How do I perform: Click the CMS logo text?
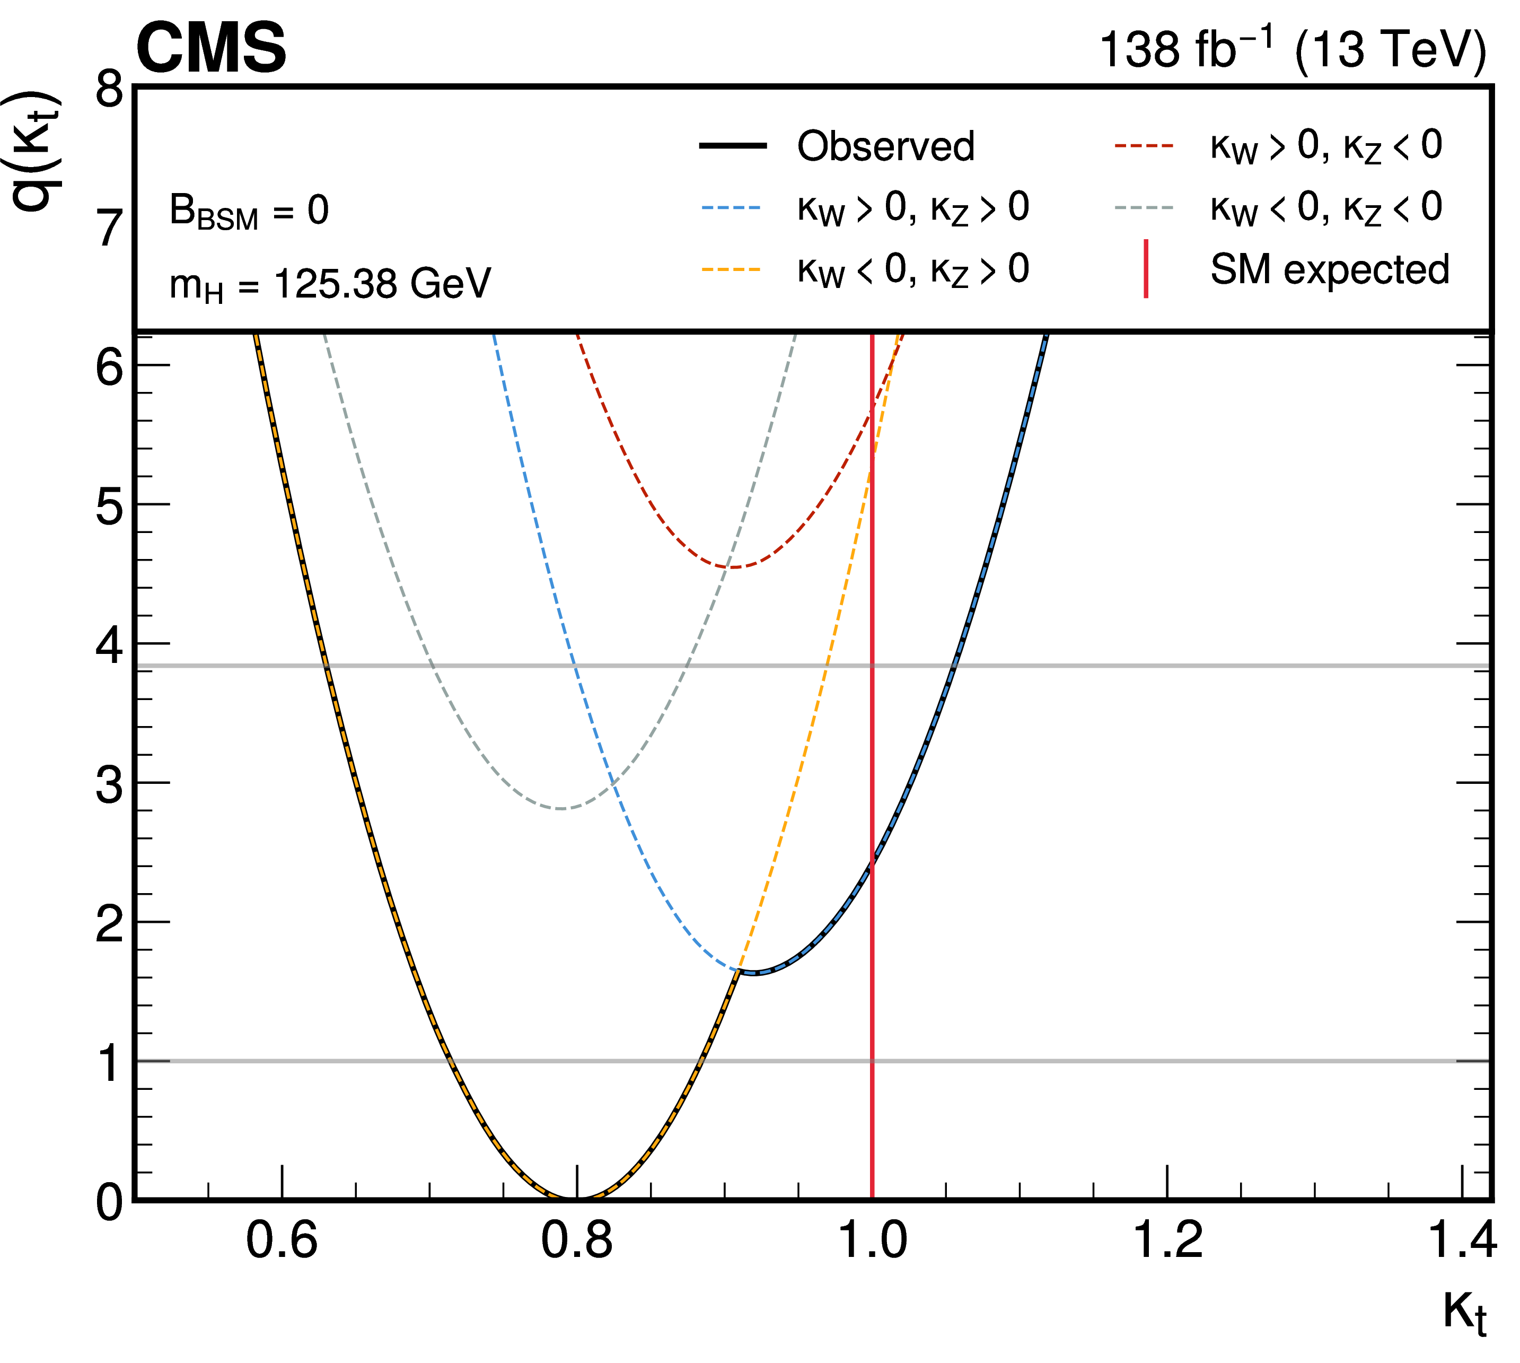click(x=211, y=49)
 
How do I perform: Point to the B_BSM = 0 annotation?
click(x=249, y=211)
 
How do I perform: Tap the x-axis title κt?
click(x=1464, y=1310)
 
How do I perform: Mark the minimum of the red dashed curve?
click(x=733, y=567)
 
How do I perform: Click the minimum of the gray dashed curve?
click(x=561, y=808)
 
